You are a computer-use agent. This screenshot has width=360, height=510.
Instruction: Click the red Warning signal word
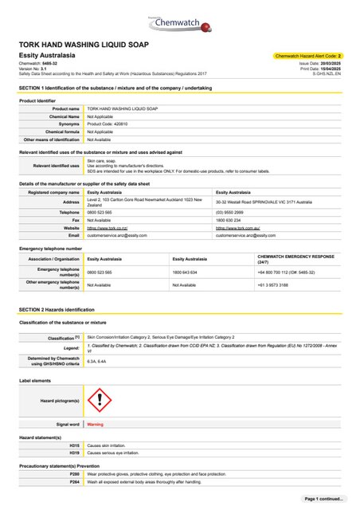click(95, 425)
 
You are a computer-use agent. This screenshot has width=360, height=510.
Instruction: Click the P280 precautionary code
click(74, 473)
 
